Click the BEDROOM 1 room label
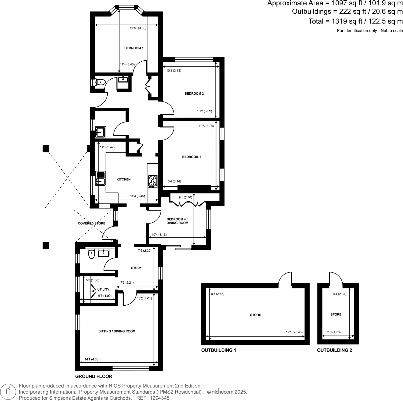pyautogui.click(x=134, y=48)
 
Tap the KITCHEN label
pyautogui.click(x=123, y=179)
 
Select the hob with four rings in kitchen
pyautogui.click(x=153, y=181)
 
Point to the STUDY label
pyautogui.click(x=136, y=268)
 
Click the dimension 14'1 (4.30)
pyautogui.click(x=92, y=359)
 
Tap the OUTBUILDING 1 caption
pyautogui.click(x=219, y=350)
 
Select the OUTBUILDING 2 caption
pyautogui.click(x=334, y=350)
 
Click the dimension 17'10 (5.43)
pyautogui.click(x=294, y=332)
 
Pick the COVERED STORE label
pyautogui.click(x=91, y=223)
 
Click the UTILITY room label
pyautogui.click(x=103, y=289)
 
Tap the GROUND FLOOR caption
pyautogui.click(x=94, y=376)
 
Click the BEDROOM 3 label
pyautogui.click(x=192, y=157)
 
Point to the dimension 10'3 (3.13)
pyautogui.click(x=174, y=71)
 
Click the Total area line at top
pyautogui.click(x=355, y=21)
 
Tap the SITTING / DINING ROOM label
pyautogui.click(x=117, y=331)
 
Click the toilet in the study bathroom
pyautogui.click(x=91, y=254)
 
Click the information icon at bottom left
pyautogui.click(x=8, y=392)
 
